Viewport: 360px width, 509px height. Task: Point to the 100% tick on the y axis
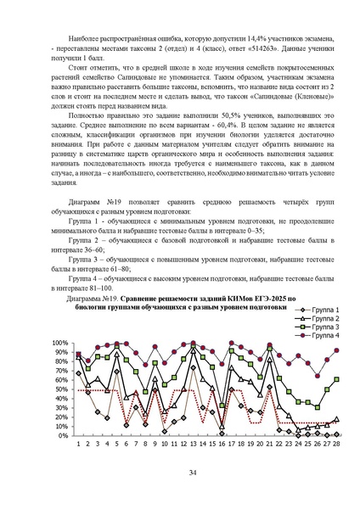(x=60, y=344)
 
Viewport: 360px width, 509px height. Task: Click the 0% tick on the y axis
(x=64, y=435)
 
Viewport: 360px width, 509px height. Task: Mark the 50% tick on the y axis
(x=62, y=389)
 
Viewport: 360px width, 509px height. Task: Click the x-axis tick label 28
(x=337, y=444)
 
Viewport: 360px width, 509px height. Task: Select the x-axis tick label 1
(x=78, y=444)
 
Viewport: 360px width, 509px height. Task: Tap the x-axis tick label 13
(x=193, y=444)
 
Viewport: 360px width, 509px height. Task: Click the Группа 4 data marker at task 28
(x=337, y=350)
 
